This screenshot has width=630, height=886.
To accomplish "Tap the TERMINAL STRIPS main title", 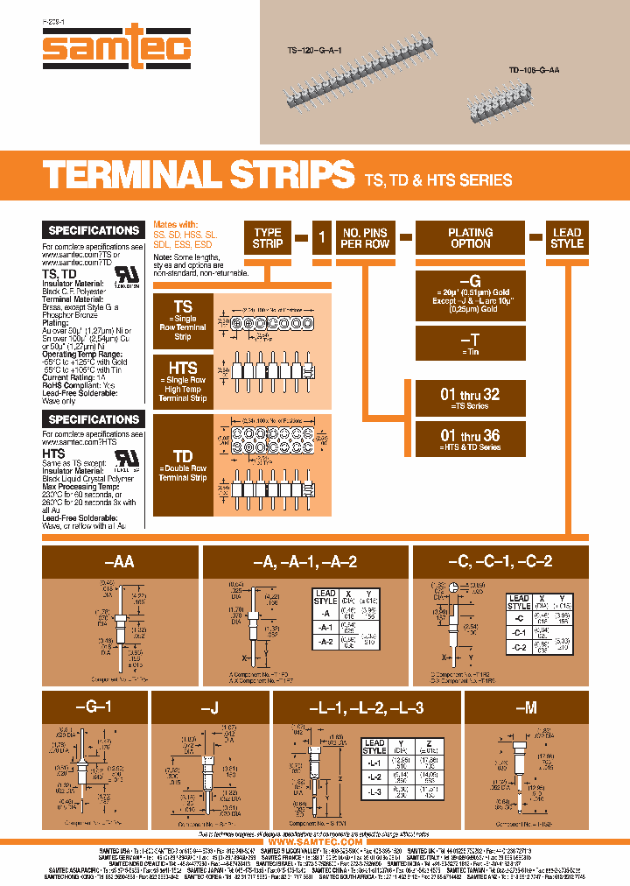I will tap(199, 176).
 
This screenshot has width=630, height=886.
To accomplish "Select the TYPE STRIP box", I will tap(267, 238).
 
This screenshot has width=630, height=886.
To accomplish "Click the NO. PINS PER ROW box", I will tap(365, 238).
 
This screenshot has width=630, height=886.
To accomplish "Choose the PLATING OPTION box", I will tap(470, 238).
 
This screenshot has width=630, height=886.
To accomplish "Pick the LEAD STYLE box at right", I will tap(566, 238).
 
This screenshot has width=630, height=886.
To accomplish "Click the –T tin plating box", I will tap(470, 341).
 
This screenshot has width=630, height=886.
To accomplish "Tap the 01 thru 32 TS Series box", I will tap(470, 398).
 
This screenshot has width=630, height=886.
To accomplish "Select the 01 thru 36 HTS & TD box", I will tap(470, 438).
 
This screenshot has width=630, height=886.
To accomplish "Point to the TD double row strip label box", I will tap(182, 464).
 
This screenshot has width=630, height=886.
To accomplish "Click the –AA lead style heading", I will tap(119, 561).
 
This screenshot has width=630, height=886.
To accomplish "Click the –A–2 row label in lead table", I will tap(325, 642).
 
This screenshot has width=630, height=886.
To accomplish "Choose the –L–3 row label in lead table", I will tap(374, 792).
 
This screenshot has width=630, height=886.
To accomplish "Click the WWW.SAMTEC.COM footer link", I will tap(315, 841).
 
